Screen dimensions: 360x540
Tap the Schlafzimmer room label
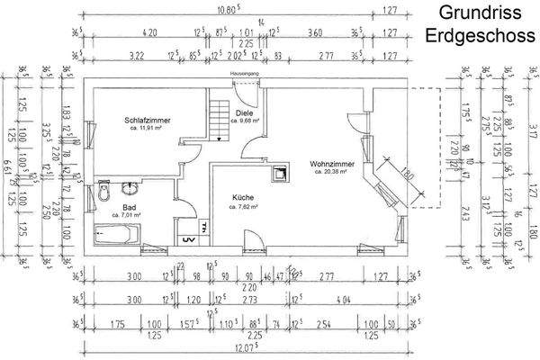pyautogui.click(x=148, y=120)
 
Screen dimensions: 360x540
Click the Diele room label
pyautogui.click(x=244, y=112)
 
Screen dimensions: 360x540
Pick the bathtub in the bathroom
pyautogui.click(x=116, y=235)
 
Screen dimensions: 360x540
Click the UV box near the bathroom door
pyautogui.click(x=188, y=239)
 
